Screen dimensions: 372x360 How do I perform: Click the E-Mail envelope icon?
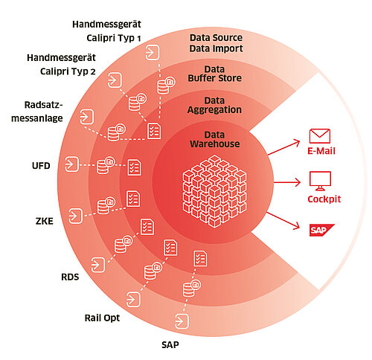pos(320,136)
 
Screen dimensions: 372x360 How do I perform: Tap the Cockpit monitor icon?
pos(320,181)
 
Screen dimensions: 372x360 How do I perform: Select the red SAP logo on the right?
pos(321,230)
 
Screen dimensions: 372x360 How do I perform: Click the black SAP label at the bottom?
pos(170,344)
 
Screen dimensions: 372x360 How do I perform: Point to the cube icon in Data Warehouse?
pos(215,191)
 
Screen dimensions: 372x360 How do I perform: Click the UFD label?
pos(41,166)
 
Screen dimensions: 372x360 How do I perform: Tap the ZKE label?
pos(45,221)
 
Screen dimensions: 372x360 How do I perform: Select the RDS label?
pos(70,277)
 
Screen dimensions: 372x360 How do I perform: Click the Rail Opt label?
pos(102,318)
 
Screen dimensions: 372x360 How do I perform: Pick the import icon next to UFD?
pos(71,164)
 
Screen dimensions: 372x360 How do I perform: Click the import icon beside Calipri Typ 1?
pos(152,52)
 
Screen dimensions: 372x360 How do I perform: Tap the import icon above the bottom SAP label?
pos(182,321)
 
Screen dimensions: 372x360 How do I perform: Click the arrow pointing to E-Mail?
pos(284,148)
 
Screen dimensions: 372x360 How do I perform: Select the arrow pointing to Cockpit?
pos(287,182)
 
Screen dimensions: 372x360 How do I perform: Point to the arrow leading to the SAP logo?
pos(283,221)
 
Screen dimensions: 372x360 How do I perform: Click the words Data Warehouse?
pos(215,139)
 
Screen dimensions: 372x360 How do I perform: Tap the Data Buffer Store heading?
pos(215,74)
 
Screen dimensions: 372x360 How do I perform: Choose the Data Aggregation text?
pos(214,105)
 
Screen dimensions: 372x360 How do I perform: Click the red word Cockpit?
pos(324,199)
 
